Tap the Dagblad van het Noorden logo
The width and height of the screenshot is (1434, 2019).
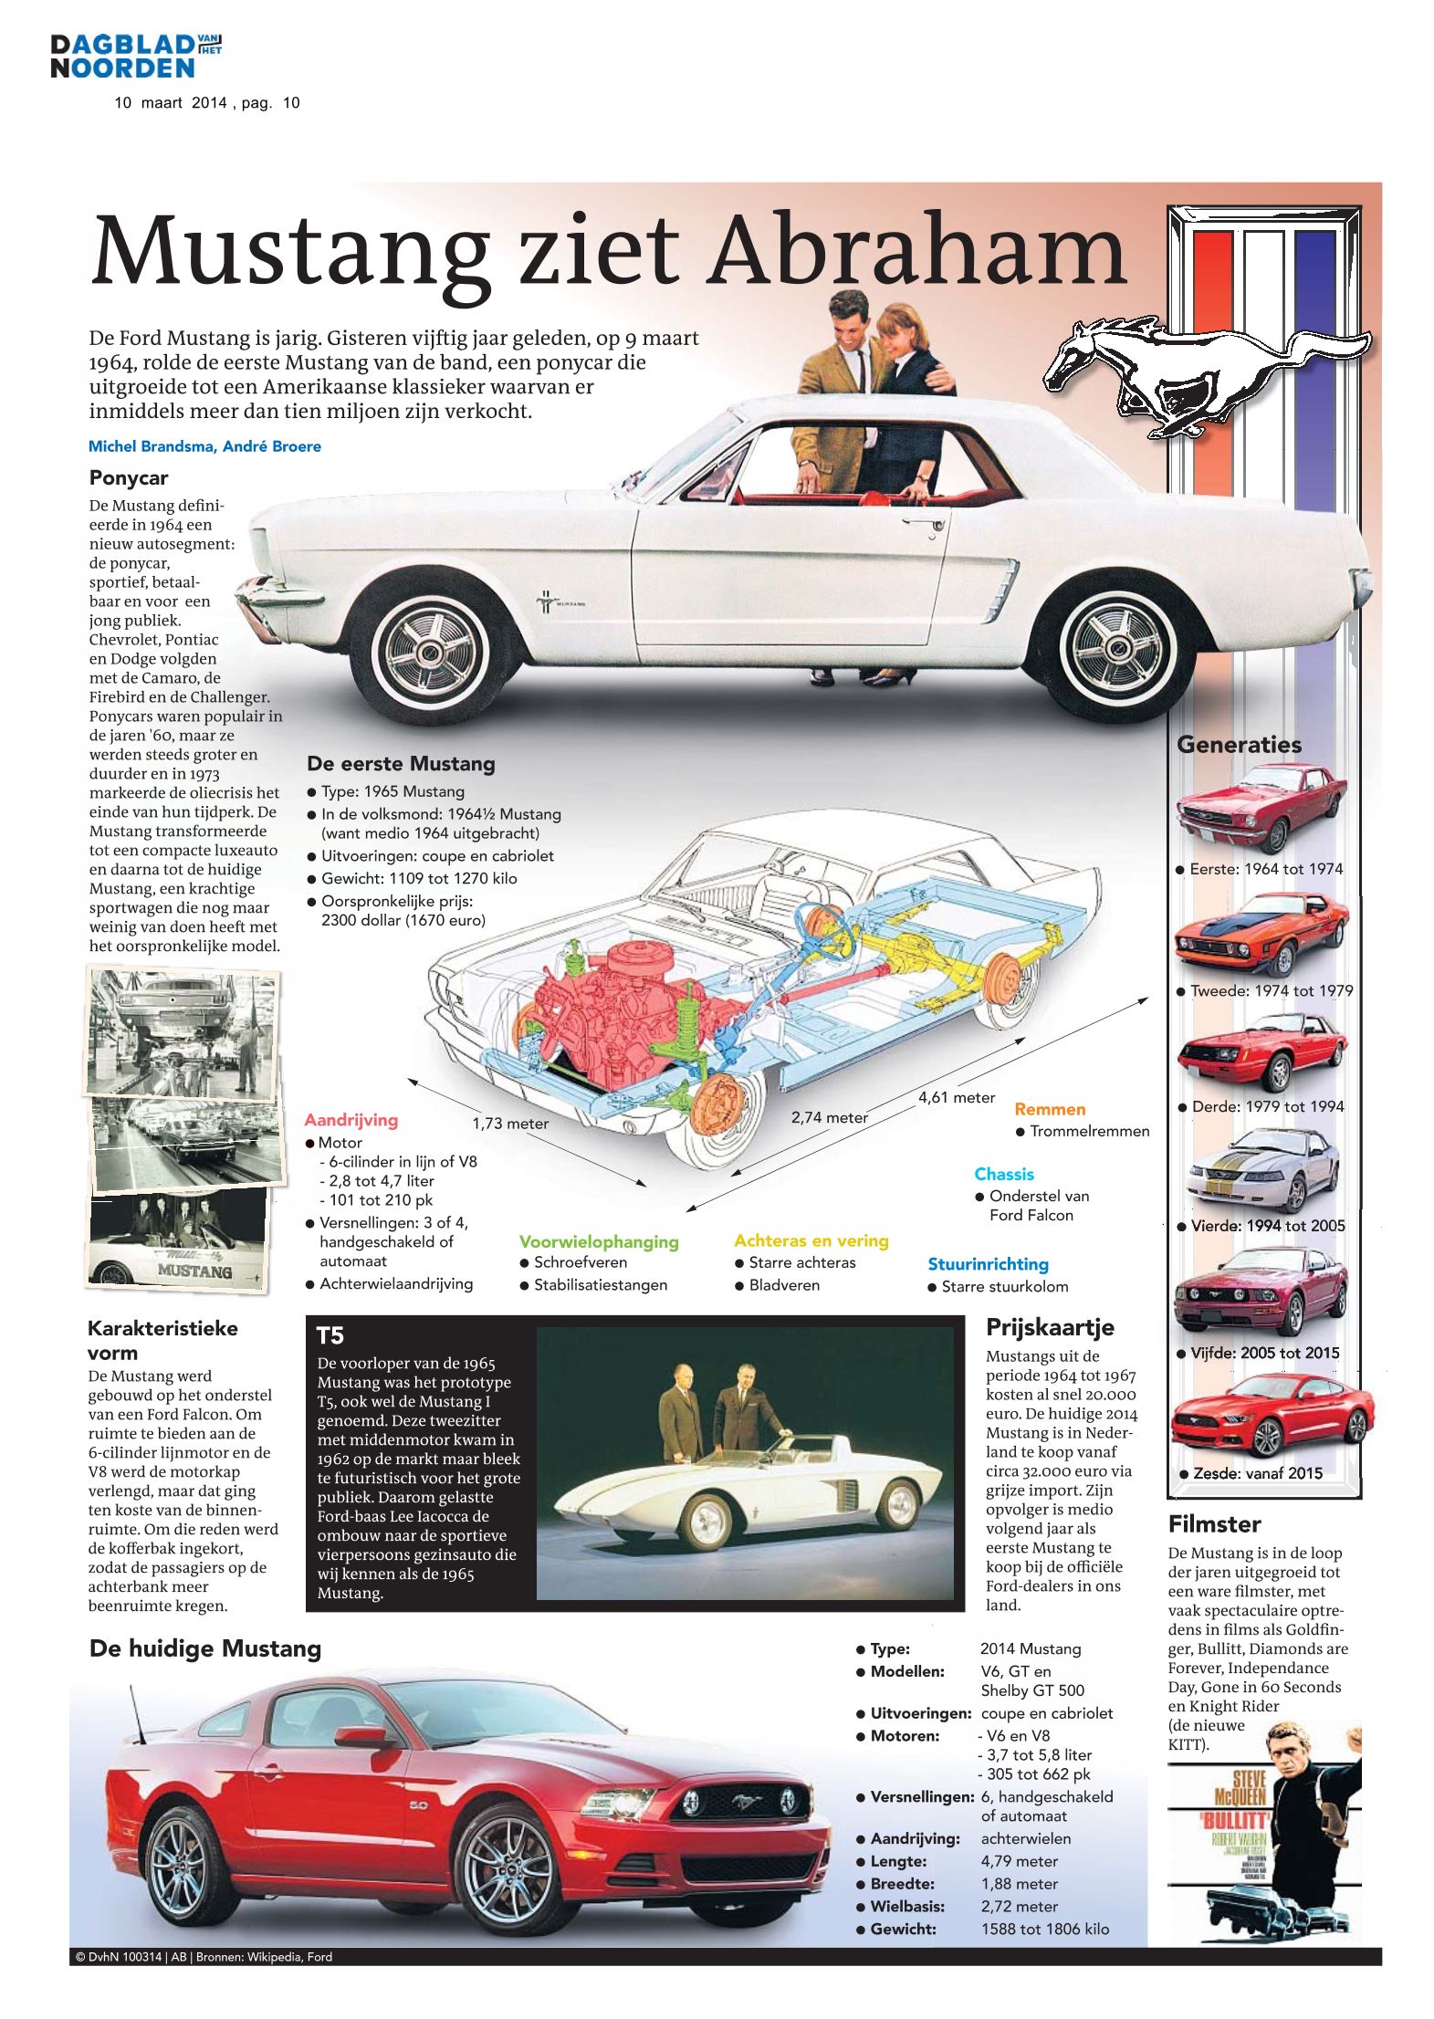pyautogui.click(x=136, y=56)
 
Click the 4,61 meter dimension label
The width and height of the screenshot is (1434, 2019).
pyautogui.click(x=956, y=1097)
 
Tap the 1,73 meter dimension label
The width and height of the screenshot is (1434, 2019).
pyautogui.click(x=510, y=1124)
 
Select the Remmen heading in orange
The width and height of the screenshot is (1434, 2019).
pyautogui.click(x=1050, y=1109)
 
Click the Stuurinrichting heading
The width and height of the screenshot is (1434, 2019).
pyautogui.click(x=988, y=1264)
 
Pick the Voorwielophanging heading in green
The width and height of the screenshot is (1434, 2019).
pyautogui.click(x=599, y=1241)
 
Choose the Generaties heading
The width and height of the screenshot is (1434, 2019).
pyautogui.click(x=1239, y=745)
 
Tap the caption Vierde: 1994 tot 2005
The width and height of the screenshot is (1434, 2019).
pyautogui.click(x=1267, y=1226)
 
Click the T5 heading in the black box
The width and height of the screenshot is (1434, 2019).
pyautogui.click(x=330, y=1336)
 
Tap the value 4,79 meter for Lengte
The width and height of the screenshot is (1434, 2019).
pyautogui.click(x=1019, y=1861)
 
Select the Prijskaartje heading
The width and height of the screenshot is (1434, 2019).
pyautogui.click(x=1050, y=1327)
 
